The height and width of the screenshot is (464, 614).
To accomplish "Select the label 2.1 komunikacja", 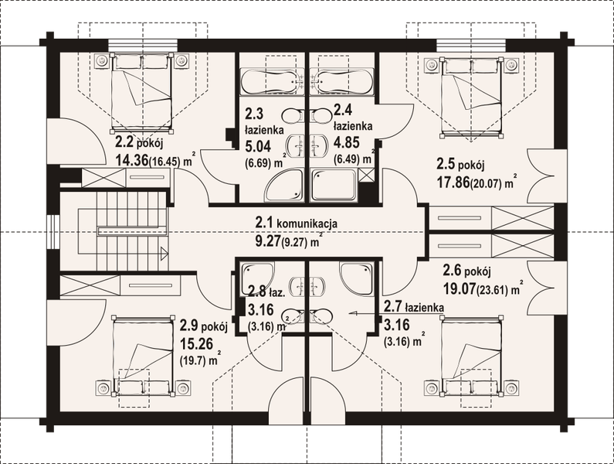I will (297, 223).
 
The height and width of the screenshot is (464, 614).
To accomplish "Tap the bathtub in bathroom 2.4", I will (344, 82).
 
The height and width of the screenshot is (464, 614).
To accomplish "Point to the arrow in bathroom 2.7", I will (356, 313).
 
